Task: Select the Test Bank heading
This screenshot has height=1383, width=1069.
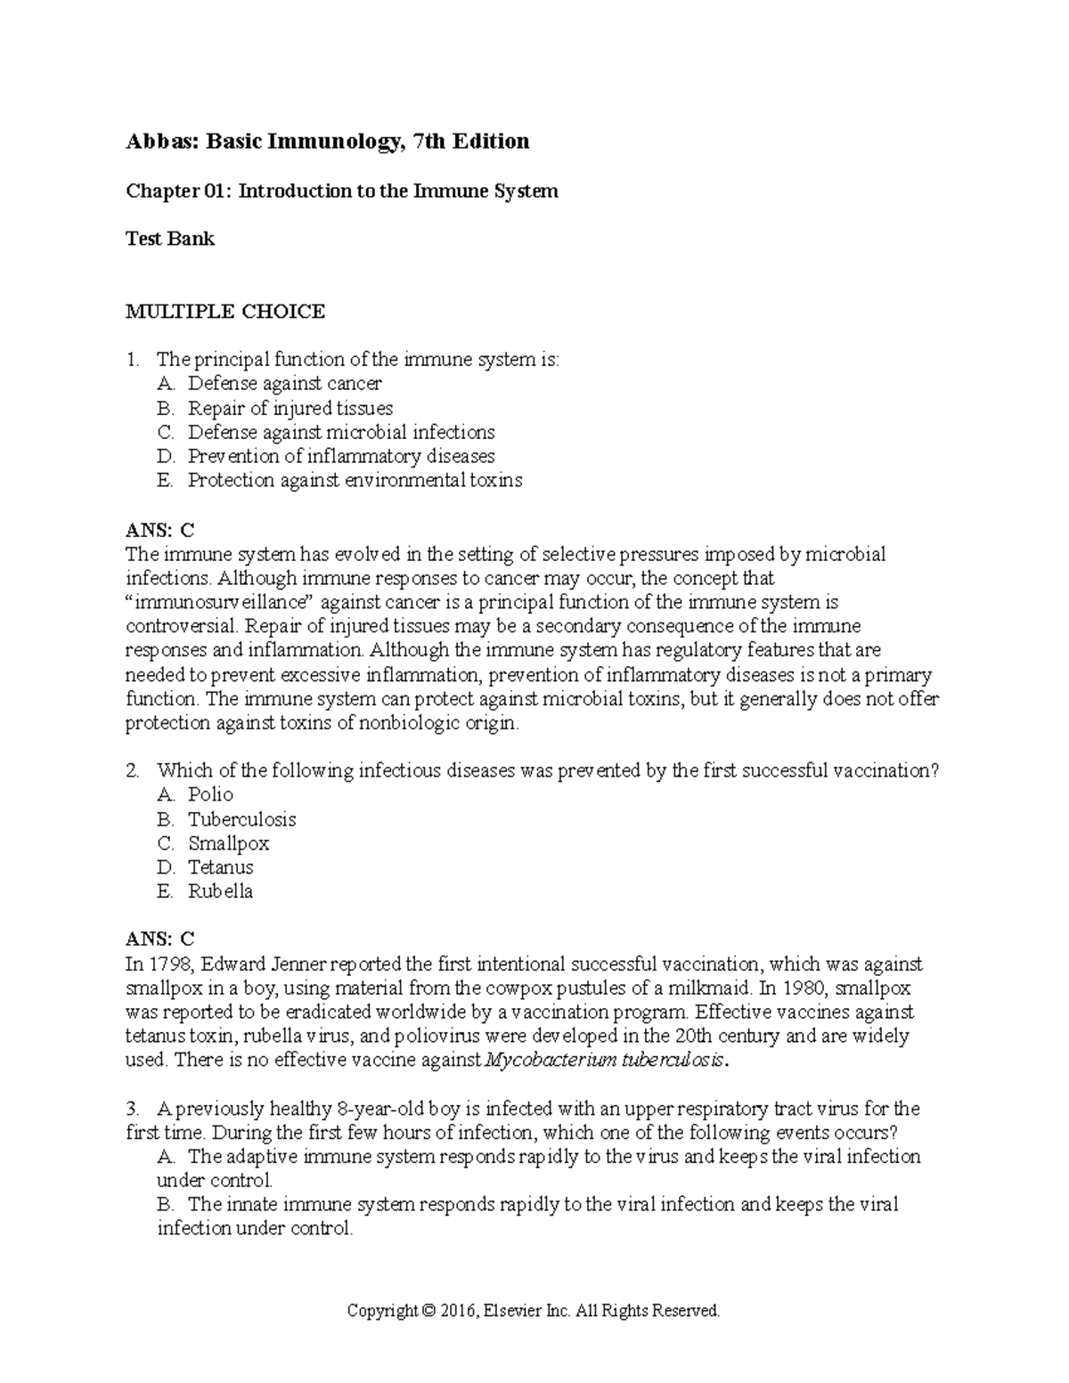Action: click(169, 239)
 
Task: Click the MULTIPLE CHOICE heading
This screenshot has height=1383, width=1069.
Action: click(225, 312)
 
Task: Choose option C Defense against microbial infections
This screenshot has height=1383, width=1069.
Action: click(340, 433)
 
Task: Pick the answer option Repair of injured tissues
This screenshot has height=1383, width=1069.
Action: click(290, 409)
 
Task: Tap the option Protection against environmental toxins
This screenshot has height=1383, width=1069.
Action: click(355, 481)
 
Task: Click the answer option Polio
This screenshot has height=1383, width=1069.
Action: click(210, 795)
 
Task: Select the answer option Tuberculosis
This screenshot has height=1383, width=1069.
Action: click(241, 819)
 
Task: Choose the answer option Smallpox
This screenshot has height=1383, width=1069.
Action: click(228, 843)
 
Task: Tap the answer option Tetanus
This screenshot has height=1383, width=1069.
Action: click(220, 867)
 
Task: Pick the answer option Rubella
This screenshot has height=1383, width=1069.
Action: click(220, 891)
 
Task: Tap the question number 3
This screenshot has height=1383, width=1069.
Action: click(132, 1110)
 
